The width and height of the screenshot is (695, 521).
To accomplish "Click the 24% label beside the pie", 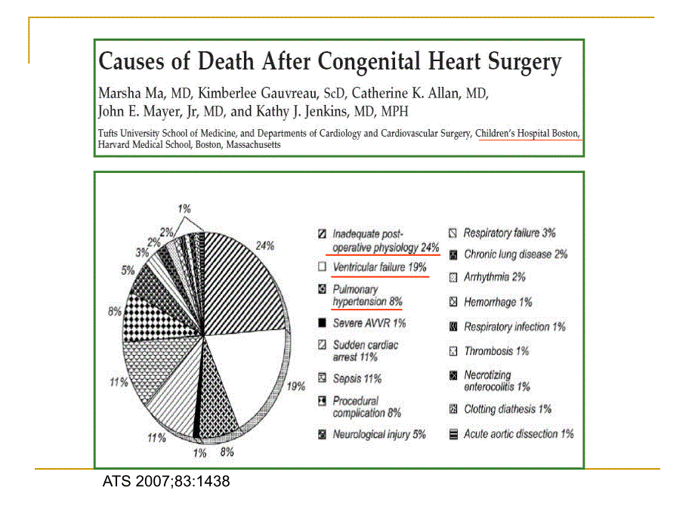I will coord(264,245).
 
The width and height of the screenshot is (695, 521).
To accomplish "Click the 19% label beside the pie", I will coord(296,386).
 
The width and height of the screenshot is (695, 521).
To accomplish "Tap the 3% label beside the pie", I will coord(142,252).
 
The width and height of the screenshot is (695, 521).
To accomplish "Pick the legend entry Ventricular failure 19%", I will coord(380,267).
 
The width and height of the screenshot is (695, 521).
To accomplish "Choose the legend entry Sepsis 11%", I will coord(357,378).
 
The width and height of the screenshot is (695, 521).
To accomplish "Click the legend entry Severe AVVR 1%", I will coord(369,323).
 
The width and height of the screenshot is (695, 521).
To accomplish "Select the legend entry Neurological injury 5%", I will coord(379,435).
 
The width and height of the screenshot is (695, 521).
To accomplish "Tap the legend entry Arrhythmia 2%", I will coord(495,277).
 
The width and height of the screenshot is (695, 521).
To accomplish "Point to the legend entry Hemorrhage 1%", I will coord(498,302).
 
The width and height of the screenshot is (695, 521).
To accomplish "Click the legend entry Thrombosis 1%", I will coord(496,351).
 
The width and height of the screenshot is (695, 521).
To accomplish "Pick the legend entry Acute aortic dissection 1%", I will coord(518,434).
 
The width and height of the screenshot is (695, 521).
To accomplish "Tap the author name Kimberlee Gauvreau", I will coord(250,94).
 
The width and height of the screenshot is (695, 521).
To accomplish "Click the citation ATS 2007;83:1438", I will coord(165,481).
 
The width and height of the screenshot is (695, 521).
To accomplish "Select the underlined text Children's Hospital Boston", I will coord(528,134).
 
